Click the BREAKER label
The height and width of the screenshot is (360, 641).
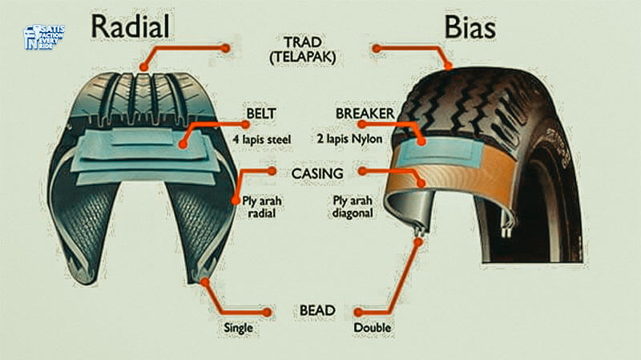point(365,115)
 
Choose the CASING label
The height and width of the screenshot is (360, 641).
point(317,172)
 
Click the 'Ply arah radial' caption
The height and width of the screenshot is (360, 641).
point(258,206)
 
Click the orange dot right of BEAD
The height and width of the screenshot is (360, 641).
point(359,311)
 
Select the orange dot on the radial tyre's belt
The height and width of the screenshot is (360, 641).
point(183,146)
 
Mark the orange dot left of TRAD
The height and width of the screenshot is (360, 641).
point(226,48)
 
